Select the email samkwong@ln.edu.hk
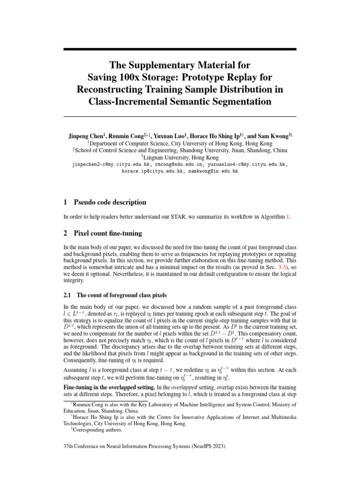pos(213,172)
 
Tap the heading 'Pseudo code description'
pos(110,202)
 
